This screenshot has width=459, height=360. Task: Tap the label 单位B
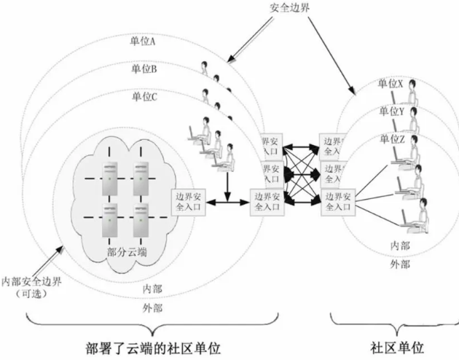pos(144,69)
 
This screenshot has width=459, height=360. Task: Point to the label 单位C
pos(145,95)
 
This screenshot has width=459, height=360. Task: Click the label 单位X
pos(390,85)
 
